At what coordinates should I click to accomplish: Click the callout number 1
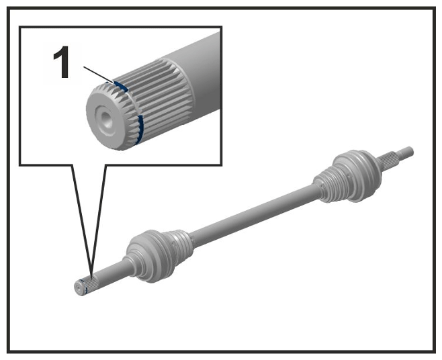pyautogui.click(x=61, y=62)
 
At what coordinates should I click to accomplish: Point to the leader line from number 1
pyautogui.click(x=98, y=75)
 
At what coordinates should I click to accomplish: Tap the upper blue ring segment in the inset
pyautogui.click(x=120, y=86)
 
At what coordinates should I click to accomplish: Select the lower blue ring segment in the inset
pyautogui.click(x=140, y=129)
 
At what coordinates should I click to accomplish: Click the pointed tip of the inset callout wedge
pyautogui.click(x=91, y=275)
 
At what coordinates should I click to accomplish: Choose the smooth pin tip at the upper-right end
pyautogui.click(x=406, y=152)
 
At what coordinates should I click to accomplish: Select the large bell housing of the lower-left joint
pyautogui.click(x=144, y=257)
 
